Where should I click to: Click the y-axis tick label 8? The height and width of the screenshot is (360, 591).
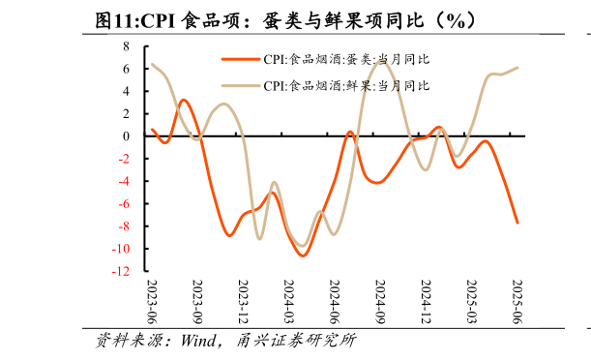[x=126, y=46]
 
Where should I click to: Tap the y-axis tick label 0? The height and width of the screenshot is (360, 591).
[x=126, y=136]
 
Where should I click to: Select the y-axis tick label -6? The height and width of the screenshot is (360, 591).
[x=123, y=204]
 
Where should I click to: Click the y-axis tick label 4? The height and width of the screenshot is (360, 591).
[x=126, y=92]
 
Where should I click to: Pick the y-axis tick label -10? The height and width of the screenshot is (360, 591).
[x=120, y=250]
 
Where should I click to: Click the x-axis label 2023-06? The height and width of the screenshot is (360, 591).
[x=152, y=301]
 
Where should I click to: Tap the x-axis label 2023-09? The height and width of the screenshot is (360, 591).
[x=197, y=301]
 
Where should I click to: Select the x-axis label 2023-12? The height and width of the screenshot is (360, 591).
[x=243, y=301]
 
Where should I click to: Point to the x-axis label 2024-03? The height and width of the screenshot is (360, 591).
[x=288, y=301]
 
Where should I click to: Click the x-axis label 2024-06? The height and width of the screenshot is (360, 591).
[x=334, y=301]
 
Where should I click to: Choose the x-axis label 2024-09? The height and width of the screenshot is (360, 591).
[x=379, y=301]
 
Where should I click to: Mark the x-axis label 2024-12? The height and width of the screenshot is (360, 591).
[x=425, y=301]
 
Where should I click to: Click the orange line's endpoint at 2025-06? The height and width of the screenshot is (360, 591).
[x=517, y=223]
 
